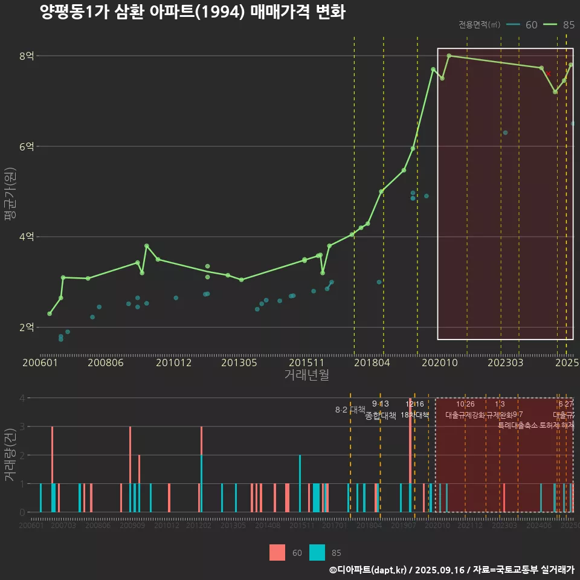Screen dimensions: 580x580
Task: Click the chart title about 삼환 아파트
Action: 192,12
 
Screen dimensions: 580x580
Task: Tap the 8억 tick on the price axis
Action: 26,56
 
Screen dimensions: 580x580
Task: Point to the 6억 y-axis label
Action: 26,147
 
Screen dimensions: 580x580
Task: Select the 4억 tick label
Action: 26,237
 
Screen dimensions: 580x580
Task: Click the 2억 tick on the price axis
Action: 26,327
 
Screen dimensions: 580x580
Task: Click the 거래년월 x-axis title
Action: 306,375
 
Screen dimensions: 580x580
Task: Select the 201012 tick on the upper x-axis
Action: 173,363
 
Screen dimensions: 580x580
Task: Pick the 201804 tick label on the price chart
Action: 371,363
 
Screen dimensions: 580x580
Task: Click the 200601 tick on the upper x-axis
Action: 40,363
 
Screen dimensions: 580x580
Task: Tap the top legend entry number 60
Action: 532,25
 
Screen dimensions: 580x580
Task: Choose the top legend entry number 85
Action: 568,25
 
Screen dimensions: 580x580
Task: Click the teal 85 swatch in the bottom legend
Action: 317,552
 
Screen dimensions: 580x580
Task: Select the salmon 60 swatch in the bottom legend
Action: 277,552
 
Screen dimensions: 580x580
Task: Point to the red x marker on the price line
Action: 548,74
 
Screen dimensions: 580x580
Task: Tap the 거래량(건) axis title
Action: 10,455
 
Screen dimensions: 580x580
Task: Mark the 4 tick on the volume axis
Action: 22,398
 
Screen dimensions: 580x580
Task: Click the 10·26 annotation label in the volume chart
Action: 465,404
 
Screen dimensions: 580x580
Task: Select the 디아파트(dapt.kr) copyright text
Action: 369,570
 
